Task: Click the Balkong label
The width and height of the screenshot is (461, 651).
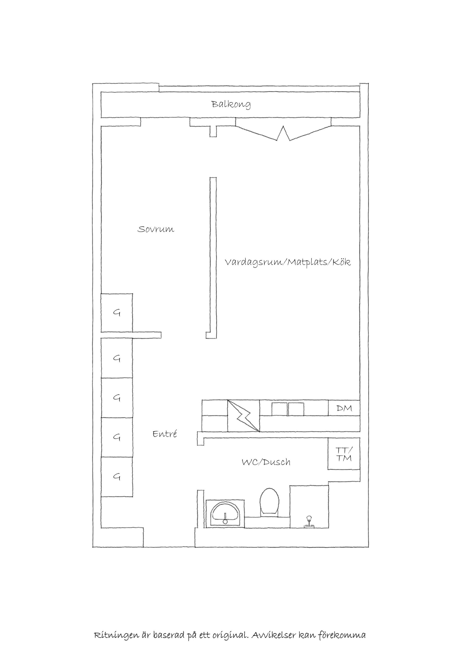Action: tap(231, 104)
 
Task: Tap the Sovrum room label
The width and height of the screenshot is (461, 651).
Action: tap(156, 229)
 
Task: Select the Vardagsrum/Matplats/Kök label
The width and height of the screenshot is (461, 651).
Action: tap(288, 262)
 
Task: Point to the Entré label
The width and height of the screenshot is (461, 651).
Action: tap(165, 434)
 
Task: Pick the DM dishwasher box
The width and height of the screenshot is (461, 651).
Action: tap(344, 408)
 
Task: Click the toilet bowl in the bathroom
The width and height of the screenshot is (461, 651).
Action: tap(270, 501)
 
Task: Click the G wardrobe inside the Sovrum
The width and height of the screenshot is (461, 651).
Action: tap(117, 312)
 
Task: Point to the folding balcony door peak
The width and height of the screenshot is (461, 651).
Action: tap(283, 127)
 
